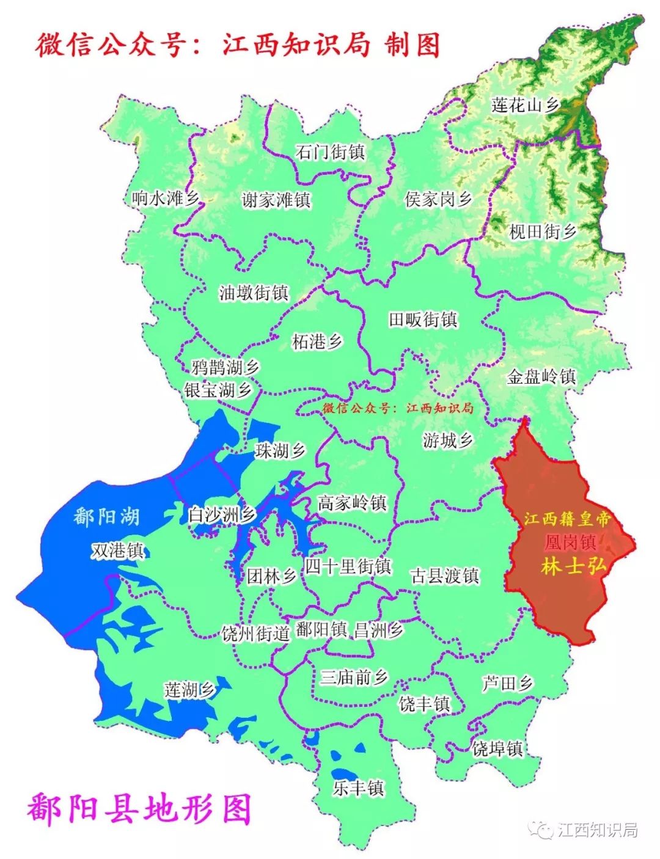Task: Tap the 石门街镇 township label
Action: click(x=330, y=152)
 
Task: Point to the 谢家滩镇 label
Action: click(x=276, y=200)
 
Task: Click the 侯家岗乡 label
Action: click(x=439, y=199)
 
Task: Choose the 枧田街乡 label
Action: click(x=543, y=232)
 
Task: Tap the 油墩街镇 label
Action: click(x=254, y=293)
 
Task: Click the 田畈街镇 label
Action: click(x=423, y=320)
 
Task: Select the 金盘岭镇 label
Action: click(x=541, y=376)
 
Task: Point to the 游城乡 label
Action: click(x=448, y=440)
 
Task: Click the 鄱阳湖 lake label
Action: click(x=106, y=517)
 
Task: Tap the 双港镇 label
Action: click(x=117, y=550)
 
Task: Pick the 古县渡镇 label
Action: click(x=445, y=576)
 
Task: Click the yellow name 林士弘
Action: click(x=573, y=566)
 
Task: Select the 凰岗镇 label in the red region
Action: click(x=570, y=543)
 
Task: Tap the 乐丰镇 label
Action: click(x=358, y=788)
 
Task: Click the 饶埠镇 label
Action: click(x=497, y=748)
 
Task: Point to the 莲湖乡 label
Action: click(x=189, y=690)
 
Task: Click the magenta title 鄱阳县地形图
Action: click(x=139, y=810)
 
